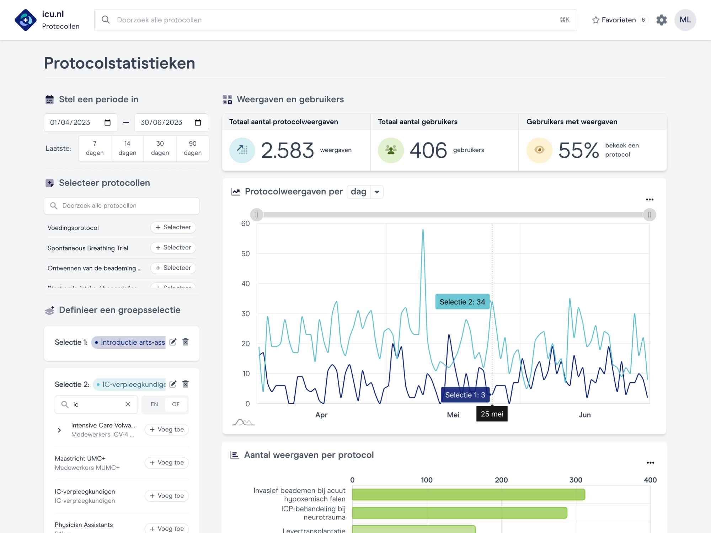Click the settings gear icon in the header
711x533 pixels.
tap(661, 20)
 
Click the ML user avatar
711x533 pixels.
tap(685, 20)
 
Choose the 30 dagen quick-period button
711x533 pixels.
tap(160, 148)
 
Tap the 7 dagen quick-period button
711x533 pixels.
tap(95, 148)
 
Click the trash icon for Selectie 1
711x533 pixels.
tap(185, 342)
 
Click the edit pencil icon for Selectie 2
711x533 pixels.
tap(173, 384)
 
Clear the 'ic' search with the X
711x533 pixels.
tap(128, 404)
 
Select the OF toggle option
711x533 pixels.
tap(176, 404)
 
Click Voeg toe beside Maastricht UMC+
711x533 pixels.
tap(166, 463)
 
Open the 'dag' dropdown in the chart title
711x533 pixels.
tap(365, 192)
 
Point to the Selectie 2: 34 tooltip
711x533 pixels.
tap(462, 302)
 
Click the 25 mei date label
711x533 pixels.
tap(492, 414)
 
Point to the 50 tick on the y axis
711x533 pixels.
tap(245, 254)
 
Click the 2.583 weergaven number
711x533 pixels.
tap(287, 150)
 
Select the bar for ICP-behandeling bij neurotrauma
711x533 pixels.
tap(459, 513)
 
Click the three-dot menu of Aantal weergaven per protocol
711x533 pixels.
tap(650, 463)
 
